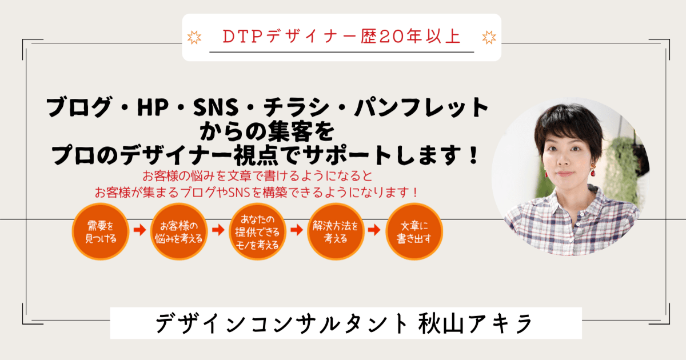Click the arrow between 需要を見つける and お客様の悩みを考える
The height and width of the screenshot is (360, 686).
[139, 230]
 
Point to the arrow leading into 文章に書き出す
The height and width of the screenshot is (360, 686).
[374, 230]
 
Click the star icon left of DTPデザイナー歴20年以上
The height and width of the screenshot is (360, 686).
[194, 38]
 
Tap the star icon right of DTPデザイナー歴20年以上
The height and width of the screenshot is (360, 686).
[489, 38]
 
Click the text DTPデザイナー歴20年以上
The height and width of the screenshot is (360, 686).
[341, 37]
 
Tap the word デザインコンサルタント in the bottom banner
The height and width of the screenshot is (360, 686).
[277, 323]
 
